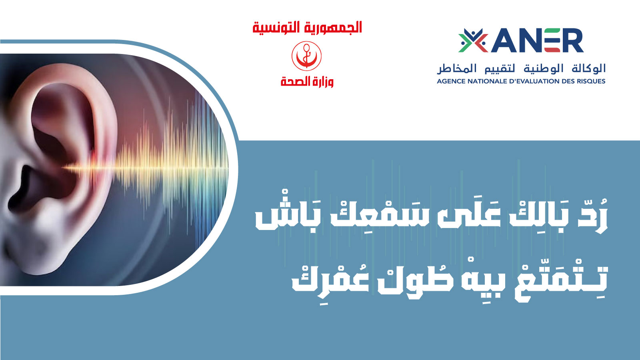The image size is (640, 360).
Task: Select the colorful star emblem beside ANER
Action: pyautogui.click(x=473, y=40)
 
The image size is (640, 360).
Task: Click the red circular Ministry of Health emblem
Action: pyautogui.click(x=306, y=56)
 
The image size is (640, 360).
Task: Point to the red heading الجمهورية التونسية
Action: pyautogui.click(x=307, y=28)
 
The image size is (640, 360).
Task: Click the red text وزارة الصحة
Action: pyautogui.click(x=307, y=82)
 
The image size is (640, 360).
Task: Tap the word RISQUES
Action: pyautogui.click(x=590, y=82)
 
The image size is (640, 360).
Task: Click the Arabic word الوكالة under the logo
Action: pyautogui.click(x=588, y=68)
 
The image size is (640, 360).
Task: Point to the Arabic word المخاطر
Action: pyautogui.click(x=453, y=68)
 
